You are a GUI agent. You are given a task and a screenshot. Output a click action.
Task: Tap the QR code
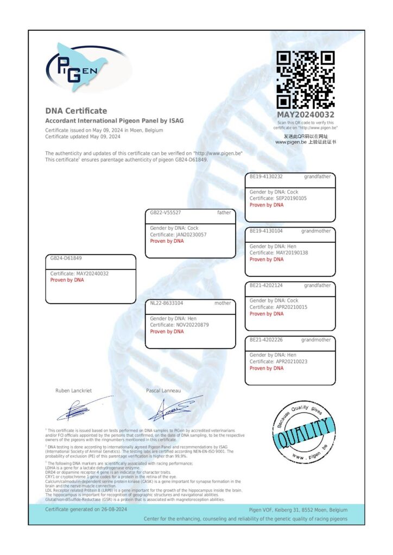pyautogui.click(x=306, y=80)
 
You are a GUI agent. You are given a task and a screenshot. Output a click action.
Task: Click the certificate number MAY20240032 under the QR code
pyautogui.click(x=306, y=114)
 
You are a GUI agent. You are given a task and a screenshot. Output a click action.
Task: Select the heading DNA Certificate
pyautogui.click(x=76, y=111)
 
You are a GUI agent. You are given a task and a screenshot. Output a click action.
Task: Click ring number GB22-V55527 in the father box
pyautogui.click(x=166, y=213)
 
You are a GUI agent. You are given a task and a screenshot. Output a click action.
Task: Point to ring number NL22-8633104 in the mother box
pyautogui.click(x=167, y=304)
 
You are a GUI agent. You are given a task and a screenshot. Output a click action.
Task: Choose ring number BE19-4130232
pyautogui.click(x=266, y=177)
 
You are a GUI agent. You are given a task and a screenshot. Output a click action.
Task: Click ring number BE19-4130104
pyautogui.click(x=266, y=231)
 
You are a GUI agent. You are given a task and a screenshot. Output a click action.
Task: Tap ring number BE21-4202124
pyautogui.click(x=266, y=285)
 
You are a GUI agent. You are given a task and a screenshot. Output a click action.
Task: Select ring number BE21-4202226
pyautogui.click(x=266, y=340)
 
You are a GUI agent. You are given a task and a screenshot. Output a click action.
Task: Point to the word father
pyautogui.click(x=224, y=213)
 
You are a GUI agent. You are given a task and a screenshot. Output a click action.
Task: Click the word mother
pyautogui.click(x=223, y=304)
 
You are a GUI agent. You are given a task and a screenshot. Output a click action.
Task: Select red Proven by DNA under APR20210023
pyautogui.click(x=267, y=369)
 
